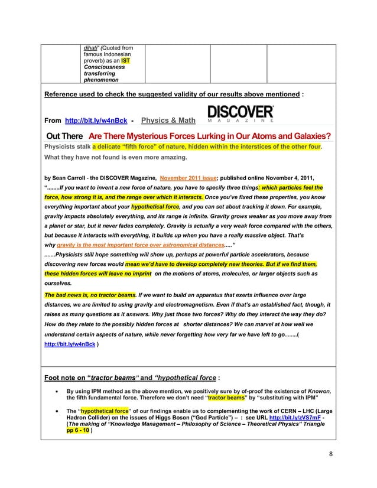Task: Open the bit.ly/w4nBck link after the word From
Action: pos(96,121)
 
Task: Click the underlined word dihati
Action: pos(89,48)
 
